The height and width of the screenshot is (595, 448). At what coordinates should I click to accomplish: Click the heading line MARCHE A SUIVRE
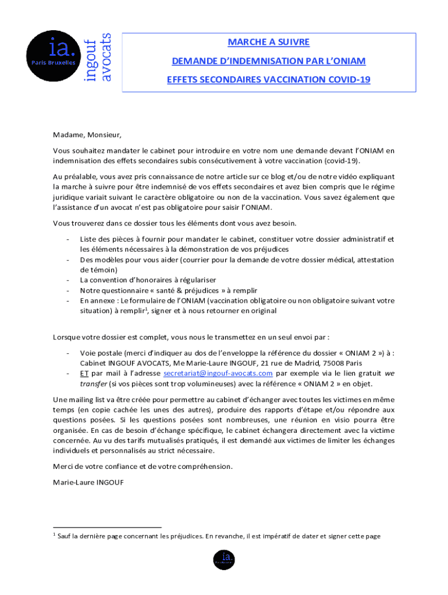(x=268, y=42)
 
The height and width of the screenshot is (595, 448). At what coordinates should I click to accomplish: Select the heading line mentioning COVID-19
(x=268, y=80)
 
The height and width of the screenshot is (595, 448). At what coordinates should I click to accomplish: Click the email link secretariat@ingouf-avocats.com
(x=218, y=373)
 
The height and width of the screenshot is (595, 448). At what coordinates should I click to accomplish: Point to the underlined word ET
(x=84, y=373)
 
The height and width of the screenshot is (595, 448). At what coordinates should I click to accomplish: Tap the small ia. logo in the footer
(x=224, y=559)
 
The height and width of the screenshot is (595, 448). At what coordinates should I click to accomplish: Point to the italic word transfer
(x=94, y=383)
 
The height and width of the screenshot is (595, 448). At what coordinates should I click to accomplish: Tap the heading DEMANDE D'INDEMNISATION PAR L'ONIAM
(x=268, y=61)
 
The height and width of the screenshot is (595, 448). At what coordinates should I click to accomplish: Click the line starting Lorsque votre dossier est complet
(x=191, y=336)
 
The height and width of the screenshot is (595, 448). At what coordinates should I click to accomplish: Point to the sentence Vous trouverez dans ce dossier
(x=175, y=223)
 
